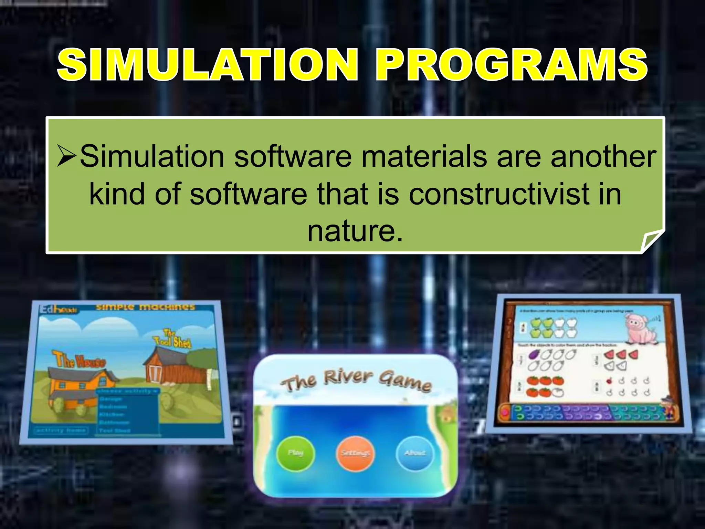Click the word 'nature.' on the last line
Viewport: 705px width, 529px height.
click(355, 231)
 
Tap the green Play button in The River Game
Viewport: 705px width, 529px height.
click(296, 453)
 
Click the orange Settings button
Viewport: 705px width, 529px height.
click(355, 453)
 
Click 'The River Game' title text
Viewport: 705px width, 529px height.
click(356, 381)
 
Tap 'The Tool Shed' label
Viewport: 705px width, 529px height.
click(172, 339)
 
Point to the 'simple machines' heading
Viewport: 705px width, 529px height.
click(145, 307)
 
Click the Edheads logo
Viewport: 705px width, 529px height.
click(58, 310)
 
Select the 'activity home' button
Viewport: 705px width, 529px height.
click(61, 430)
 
